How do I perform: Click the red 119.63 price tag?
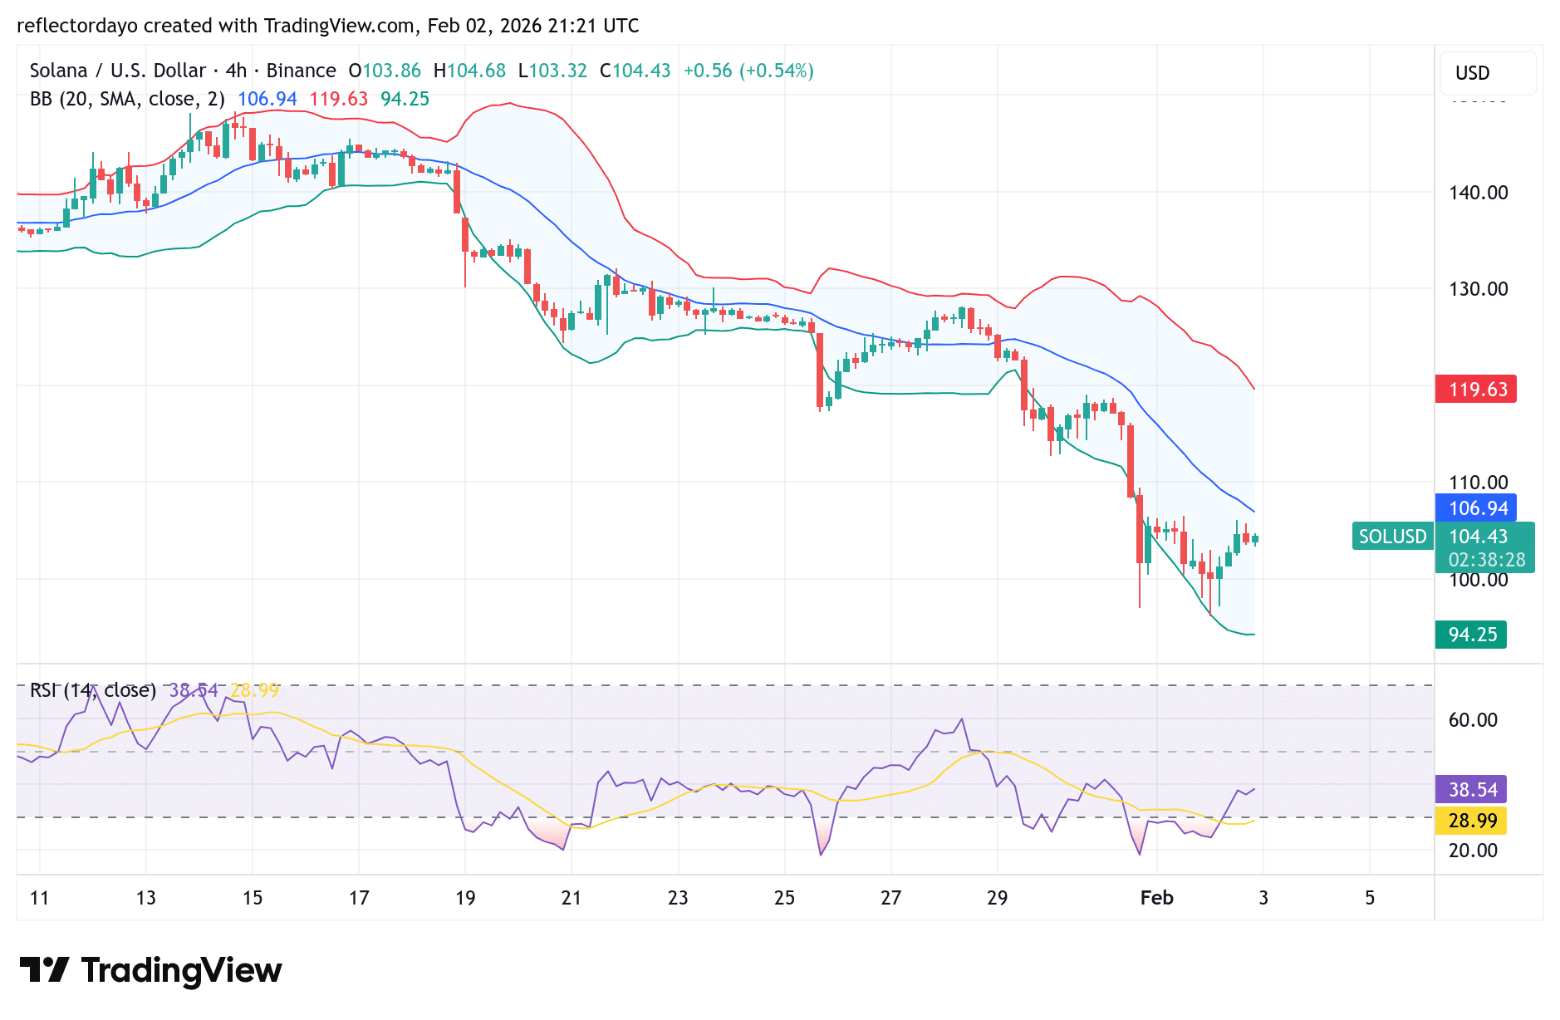(x=1476, y=390)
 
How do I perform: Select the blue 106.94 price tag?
(x=1476, y=508)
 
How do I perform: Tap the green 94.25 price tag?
(x=1471, y=635)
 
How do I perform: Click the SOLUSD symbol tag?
(x=1392, y=537)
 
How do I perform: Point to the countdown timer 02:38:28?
(x=1486, y=561)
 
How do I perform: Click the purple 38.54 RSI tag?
(x=1471, y=790)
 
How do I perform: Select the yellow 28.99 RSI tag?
(x=1471, y=821)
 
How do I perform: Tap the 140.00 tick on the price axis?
(x=1478, y=193)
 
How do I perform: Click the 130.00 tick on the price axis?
(x=1478, y=289)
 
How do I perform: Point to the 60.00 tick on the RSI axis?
(x=1473, y=720)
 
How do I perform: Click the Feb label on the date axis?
(x=1156, y=898)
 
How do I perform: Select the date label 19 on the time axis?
(x=465, y=898)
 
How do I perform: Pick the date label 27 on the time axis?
(x=890, y=898)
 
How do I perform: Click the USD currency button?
(x=1472, y=73)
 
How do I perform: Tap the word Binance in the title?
(x=301, y=71)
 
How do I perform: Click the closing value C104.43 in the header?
(x=635, y=71)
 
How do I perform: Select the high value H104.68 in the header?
(x=469, y=71)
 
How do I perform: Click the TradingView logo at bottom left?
(x=150, y=970)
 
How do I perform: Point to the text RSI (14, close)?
(x=93, y=690)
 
